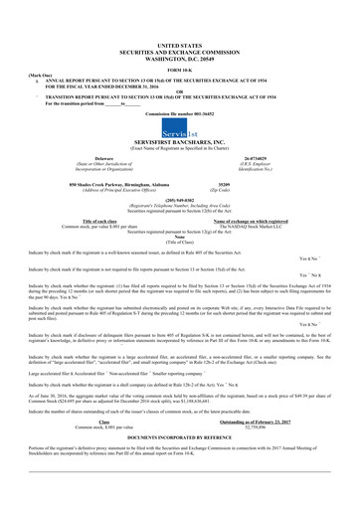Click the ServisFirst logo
[x=179, y=161]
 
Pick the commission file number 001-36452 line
[x=179, y=143]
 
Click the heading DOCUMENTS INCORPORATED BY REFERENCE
[x=179, y=464]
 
